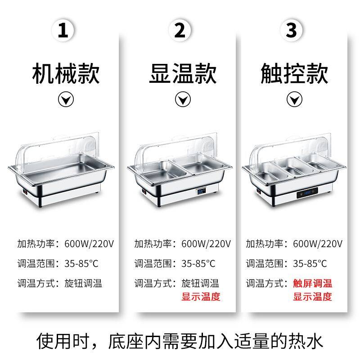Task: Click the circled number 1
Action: click(63, 30)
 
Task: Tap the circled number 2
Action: click(180, 30)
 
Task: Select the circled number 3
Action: click(291, 30)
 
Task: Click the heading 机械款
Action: click(66, 74)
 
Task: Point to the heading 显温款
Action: click(183, 74)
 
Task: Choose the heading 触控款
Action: click(294, 74)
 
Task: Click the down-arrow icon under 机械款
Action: click(66, 99)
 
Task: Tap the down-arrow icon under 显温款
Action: click(183, 99)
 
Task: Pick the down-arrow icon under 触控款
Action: click(294, 99)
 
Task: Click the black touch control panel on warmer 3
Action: click(307, 193)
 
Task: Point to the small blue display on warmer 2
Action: click(201, 191)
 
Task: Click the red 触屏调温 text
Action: click(312, 283)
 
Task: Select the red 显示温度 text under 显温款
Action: click(201, 297)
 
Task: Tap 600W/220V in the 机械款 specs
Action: click(89, 243)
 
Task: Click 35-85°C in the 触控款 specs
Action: click(310, 263)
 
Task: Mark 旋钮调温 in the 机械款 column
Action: click(83, 283)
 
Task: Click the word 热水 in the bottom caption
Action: click(306, 342)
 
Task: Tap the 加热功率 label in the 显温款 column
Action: click(153, 243)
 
